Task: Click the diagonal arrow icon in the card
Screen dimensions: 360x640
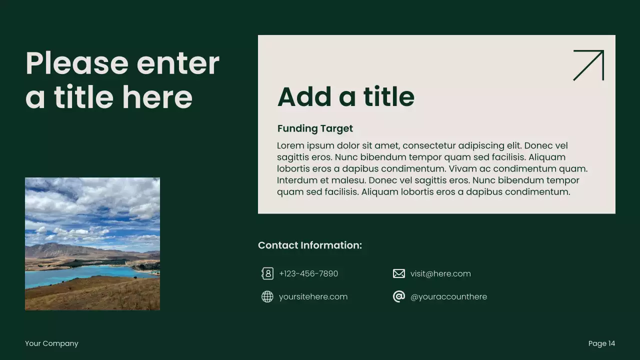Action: pyautogui.click(x=588, y=65)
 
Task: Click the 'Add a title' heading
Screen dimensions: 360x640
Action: pyautogui.click(x=345, y=96)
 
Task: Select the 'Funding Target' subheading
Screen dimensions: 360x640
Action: pyautogui.click(x=315, y=128)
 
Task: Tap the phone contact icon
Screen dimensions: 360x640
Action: pyautogui.click(x=267, y=273)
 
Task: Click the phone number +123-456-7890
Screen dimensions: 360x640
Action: pyautogui.click(x=308, y=273)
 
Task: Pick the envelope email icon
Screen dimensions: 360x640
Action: pyautogui.click(x=398, y=273)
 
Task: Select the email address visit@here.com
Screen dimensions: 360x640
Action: pyautogui.click(x=440, y=273)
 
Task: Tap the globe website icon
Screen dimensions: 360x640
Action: pyautogui.click(x=267, y=296)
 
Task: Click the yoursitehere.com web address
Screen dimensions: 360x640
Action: pyautogui.click(x=313, y=296)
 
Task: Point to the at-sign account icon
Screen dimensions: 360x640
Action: pyautogui.click(x=398, y=296)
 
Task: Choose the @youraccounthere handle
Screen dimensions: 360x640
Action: pyautogui.click(x=448, y=296)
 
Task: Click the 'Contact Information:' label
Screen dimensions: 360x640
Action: pyautogui.click(x=310, y=245)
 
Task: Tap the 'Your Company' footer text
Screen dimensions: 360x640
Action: pyautogui.click(x=51, y=343)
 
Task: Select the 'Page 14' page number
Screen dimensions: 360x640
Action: pyautogui.click(x=601, y=343)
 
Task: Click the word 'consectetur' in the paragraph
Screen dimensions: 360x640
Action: pyautogui.click(x=428, y=146)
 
